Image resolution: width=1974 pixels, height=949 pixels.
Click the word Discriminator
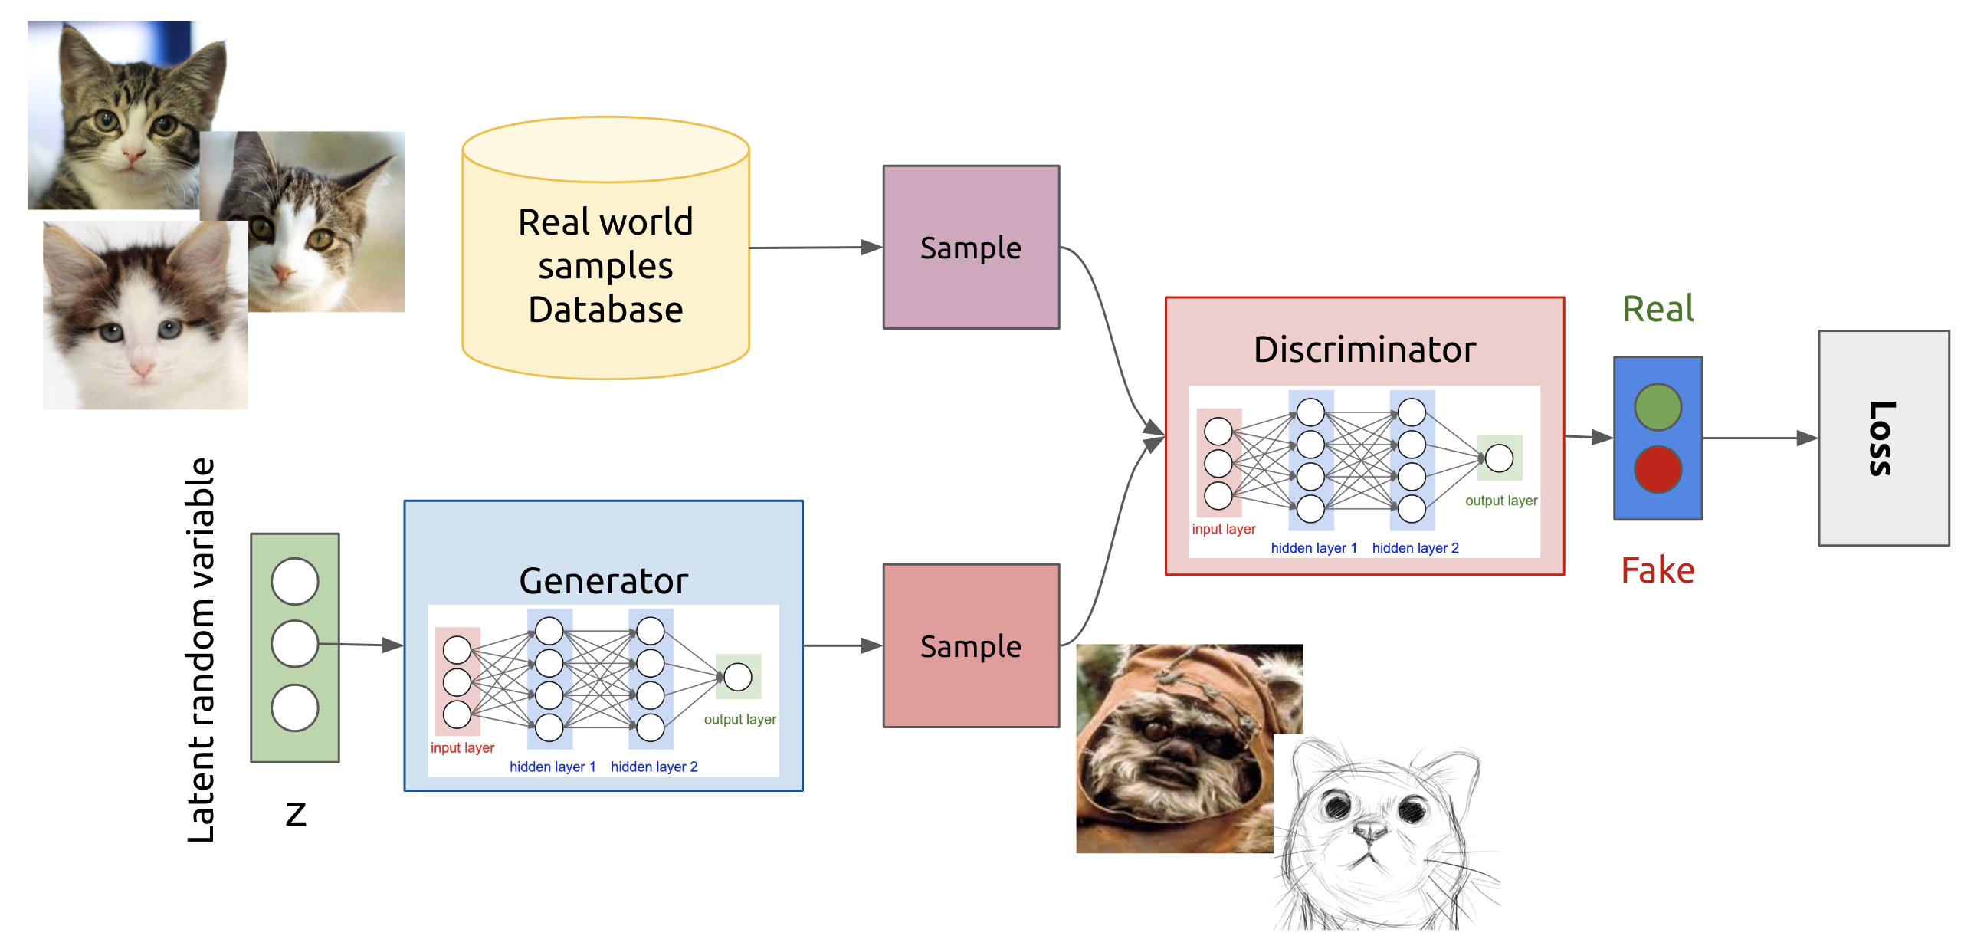coord(1364,350)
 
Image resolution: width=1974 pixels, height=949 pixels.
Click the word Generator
coord(603,581)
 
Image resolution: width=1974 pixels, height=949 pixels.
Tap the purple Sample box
coord(971,247)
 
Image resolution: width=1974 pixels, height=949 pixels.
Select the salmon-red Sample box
coord(971,645)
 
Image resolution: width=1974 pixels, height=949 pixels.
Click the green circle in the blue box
coord(1658,407)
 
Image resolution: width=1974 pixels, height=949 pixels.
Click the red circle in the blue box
coord(1658,469)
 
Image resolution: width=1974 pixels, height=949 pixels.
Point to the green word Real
coord(1658,309)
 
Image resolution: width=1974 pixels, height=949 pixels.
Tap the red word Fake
coord(1658,570)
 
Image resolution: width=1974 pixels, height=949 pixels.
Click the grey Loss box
coord(1883,438)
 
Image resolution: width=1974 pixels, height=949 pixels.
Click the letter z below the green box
coord(296,813)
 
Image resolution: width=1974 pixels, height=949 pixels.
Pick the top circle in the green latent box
coord(295,581)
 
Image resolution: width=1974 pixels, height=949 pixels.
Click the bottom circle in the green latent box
coord(295,708)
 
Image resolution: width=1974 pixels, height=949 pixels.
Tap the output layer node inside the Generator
coord(738,677)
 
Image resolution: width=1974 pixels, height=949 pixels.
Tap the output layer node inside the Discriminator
coord(1499,458)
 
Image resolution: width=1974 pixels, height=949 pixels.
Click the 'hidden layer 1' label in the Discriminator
coord(1313,548)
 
